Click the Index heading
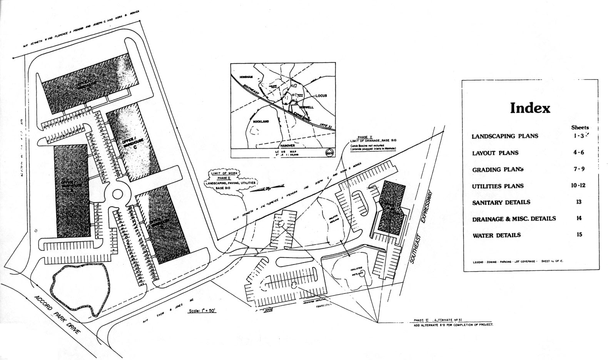530,108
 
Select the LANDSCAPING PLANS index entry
505,136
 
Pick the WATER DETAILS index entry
496,235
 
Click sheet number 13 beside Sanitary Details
579,202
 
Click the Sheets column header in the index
580,127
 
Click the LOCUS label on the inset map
321,95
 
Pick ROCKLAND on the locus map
261,121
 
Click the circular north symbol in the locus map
329,152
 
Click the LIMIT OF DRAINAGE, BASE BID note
372,143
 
